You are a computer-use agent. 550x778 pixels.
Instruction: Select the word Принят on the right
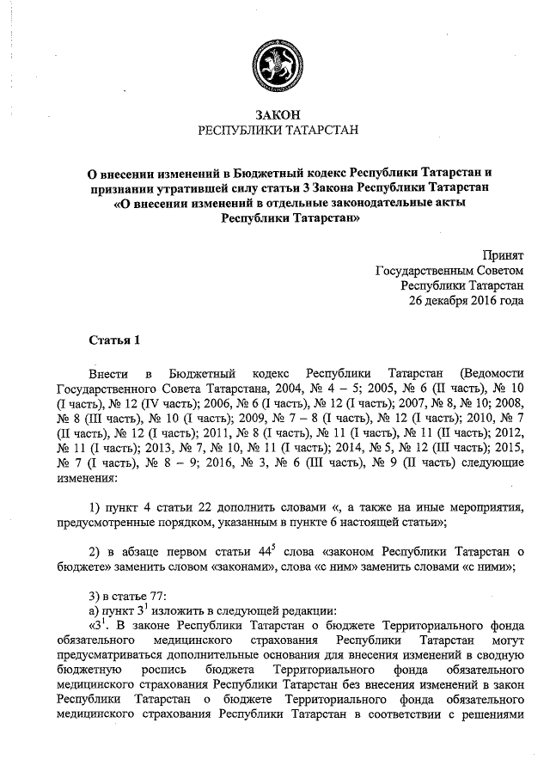click(x=503, y=255)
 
